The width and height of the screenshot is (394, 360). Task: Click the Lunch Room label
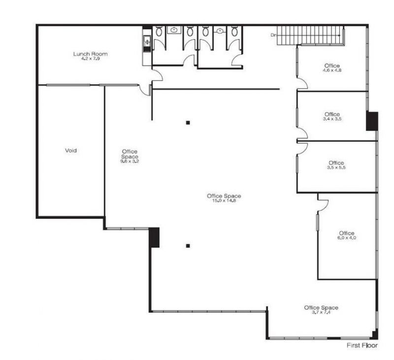[91, 54]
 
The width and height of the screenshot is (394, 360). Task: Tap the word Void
[71, 151]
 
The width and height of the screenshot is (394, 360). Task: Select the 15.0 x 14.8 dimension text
[224, 200]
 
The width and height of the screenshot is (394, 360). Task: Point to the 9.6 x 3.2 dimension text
[130, 161]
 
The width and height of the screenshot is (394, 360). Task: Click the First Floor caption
[362, 345]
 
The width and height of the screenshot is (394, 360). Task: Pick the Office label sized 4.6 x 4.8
[332, 66]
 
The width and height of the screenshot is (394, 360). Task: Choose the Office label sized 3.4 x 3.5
[332, 114]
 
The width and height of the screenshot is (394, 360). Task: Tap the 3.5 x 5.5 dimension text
[336, 167]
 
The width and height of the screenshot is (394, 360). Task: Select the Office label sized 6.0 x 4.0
[347, 233]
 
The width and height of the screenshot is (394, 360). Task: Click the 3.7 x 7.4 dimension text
[321, 312]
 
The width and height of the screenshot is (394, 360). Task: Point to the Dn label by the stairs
[273, 35]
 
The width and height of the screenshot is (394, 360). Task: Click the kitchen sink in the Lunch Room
[147, 42]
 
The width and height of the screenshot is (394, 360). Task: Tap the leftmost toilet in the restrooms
[159, 32]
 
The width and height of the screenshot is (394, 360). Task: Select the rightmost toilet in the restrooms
[234, 32]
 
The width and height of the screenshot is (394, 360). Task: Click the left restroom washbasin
[174, 30]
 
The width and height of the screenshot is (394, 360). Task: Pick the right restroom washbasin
[220, 31]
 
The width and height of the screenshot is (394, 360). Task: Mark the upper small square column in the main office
[188, 123]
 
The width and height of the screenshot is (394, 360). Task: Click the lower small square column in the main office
[188, 246]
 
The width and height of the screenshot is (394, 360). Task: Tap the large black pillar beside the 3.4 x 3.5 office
[372, 121]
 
